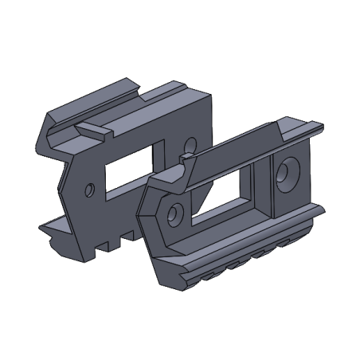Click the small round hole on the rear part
[90, 189]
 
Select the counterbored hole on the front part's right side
[286, 174]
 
